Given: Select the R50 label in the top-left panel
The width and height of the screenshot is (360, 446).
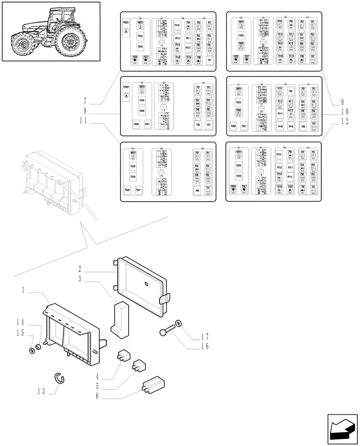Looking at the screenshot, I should pyautogui.click(x=126, y=22).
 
